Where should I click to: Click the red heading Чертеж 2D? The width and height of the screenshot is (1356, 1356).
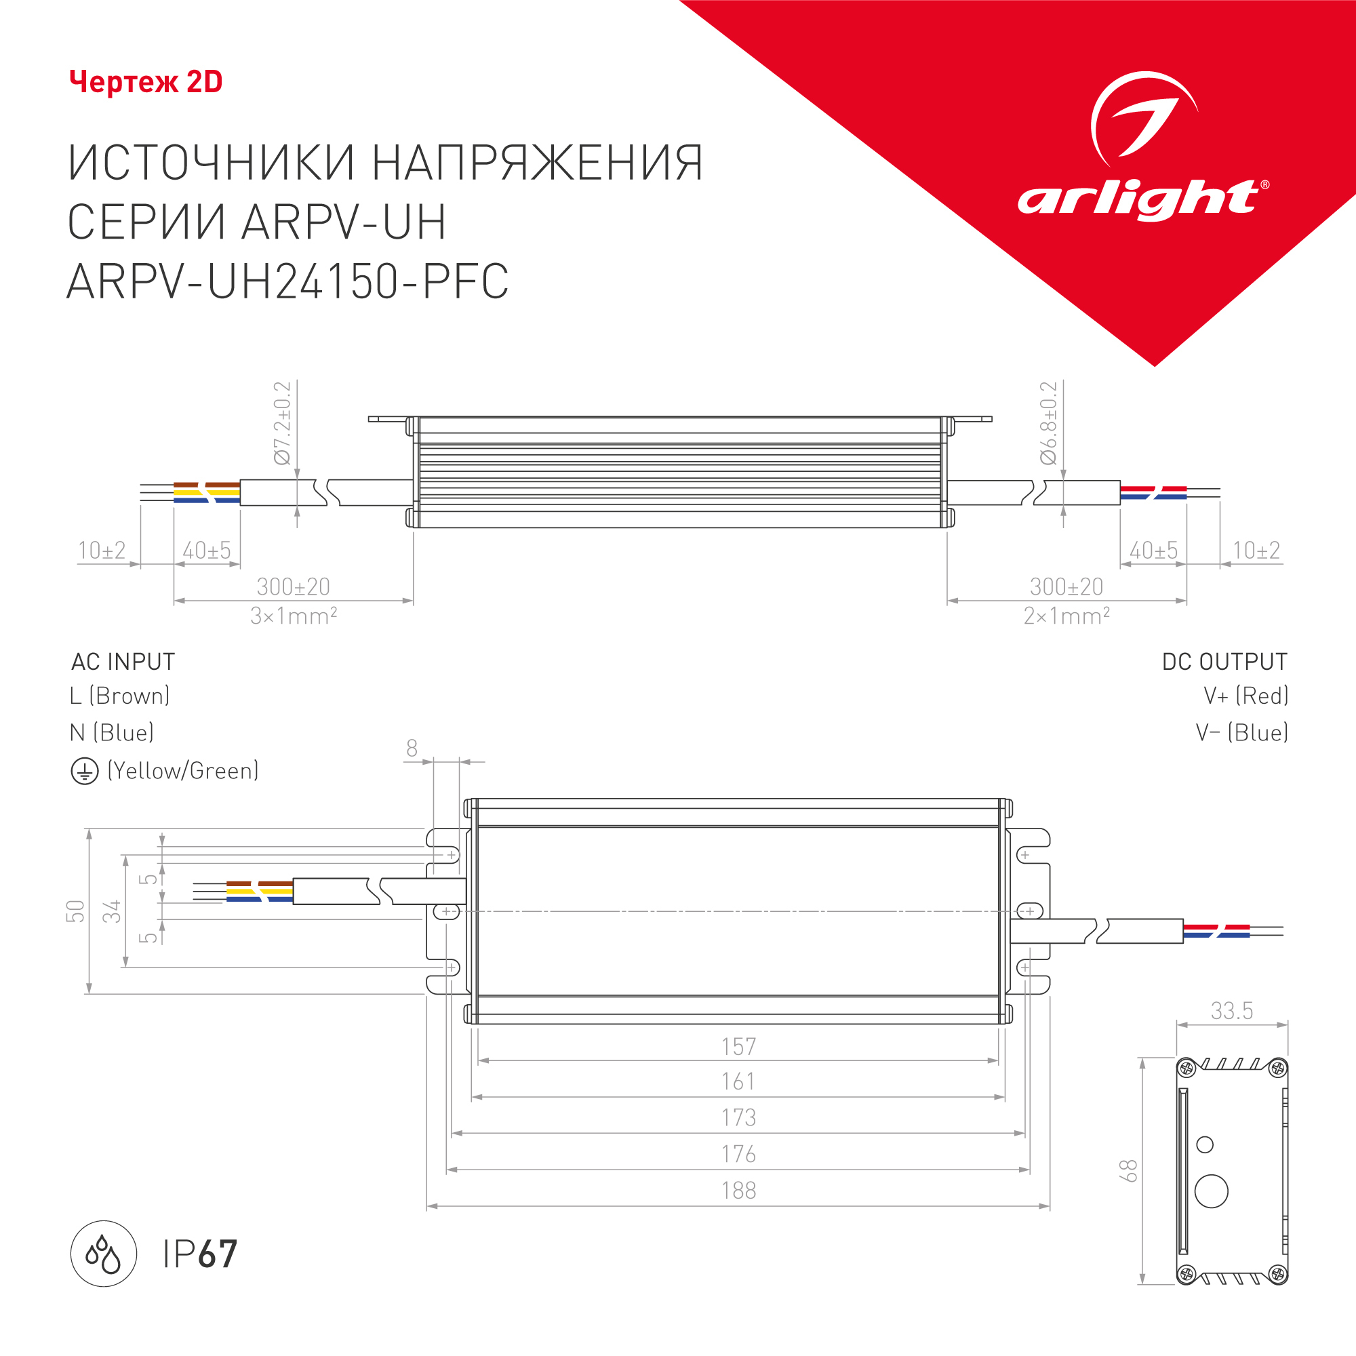click(146, 82)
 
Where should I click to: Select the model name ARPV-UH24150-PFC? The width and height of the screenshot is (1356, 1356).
click(287, 281)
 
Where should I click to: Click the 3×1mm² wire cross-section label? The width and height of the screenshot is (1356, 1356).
click(294, 616)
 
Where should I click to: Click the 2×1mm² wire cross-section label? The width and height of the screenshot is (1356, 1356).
click(1066, 616)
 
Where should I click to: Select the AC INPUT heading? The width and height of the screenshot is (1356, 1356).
click(123, 661)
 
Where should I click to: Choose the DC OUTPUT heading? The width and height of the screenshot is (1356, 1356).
click(1224, 661)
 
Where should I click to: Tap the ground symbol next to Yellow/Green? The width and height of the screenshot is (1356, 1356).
click(84, 772)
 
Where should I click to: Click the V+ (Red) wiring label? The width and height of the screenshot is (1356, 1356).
click(1245, 696)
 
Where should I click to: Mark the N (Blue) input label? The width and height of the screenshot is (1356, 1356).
click(112, 733)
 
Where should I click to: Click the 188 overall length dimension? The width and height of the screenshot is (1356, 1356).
click(738, 1191)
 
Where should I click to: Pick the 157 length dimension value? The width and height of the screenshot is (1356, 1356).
click(738, 1046)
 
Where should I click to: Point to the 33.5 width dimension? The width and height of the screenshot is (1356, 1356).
click(1231, 1011)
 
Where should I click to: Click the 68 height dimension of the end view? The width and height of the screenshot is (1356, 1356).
click(1128, 1171)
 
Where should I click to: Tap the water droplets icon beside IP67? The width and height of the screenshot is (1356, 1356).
click(103, 1254)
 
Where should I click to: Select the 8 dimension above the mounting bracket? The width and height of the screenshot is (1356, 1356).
click(412, 749)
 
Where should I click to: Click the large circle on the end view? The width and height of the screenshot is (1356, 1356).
click(1211, 1191)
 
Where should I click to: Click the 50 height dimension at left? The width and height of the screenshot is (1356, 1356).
click(75, 911)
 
